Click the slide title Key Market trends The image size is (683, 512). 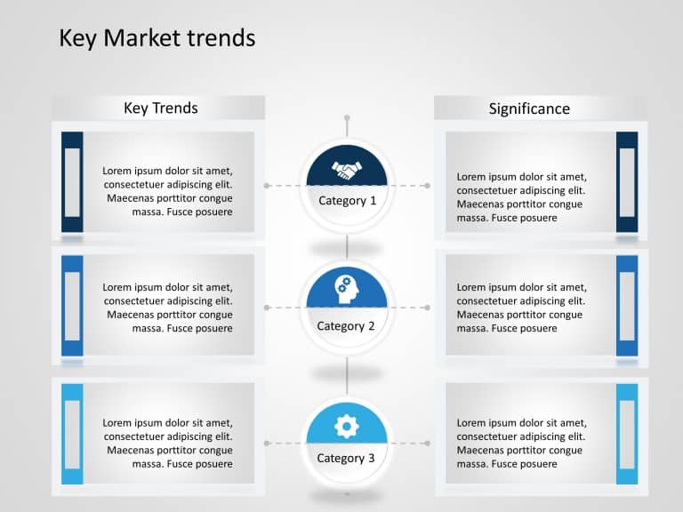coord(157,37)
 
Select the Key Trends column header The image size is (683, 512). coord(160,108)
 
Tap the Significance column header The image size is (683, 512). coord(529,108)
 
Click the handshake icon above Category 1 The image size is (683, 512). coord(347,168)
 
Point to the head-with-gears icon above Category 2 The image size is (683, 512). coord(347,287)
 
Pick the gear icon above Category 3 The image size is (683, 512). coord(347,427)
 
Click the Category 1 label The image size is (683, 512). coord(347,201)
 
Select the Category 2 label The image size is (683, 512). coord(346,326)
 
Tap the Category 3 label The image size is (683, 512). coord(346,459)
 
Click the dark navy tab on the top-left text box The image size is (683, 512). coord(72,182)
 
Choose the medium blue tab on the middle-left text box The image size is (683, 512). coord(72,306)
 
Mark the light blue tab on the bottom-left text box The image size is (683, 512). coord(72,434)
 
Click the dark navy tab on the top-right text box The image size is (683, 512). coord(627,182)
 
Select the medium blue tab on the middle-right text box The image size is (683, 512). coord(627,306)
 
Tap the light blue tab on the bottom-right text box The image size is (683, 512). coord(627,434)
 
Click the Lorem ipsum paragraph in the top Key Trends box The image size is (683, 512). coord(168,191)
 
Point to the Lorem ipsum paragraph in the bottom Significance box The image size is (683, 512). coord(522,444)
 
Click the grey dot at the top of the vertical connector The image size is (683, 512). coord(347,117)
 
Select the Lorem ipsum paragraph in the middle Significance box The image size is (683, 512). coord(522,308)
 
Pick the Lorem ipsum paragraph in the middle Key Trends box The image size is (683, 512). coord(168,308)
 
